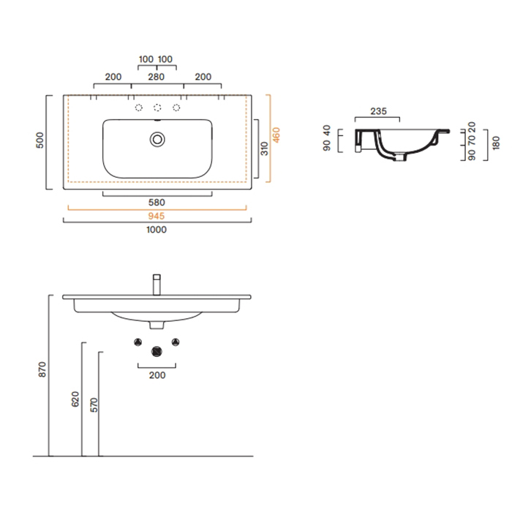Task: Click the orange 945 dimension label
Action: coord(157,216)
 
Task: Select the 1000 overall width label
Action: coord(157,230)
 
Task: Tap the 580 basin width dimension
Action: coord(157,203)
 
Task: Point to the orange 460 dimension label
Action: coord(276,135)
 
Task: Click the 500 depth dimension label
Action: coord(39,140)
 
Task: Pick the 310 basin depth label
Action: coord(264,148)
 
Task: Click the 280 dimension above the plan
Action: coord(156,77)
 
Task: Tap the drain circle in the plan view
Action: coord(157,140)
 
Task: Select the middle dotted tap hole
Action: coord(157,108)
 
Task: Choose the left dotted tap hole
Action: coord(139,108)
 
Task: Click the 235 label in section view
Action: coord(378,111)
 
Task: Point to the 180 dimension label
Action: coord(496,143)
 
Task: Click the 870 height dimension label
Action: coord(42,369)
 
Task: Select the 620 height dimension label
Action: coord(75,399)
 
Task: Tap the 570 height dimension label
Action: coord(94,405)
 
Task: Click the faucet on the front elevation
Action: coord(157,285)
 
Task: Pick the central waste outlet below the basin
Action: coord(157,352)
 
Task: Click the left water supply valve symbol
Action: coord(138,342)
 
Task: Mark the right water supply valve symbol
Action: coord(176,342)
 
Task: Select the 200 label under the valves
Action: coord(157,375)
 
